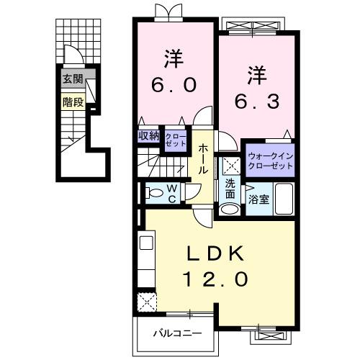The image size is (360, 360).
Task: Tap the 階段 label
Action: pyautogui.click(x=72, y=102)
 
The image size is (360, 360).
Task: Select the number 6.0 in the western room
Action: pyautogui.click(x=174, y=85)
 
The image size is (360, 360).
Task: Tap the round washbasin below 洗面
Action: pyautogui.click(x=229, y=209)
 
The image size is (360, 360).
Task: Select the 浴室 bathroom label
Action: pyautogui.click(x=259, y=199)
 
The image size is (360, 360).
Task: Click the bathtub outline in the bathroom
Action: pyautogui.click(x=283, y=198)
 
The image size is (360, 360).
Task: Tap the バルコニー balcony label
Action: pyautogui.click(x=176, y=333)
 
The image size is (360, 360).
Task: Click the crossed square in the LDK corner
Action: pyautogui.click(x=148, y=300)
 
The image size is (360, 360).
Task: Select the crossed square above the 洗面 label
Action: pyautogui.click(x=230, y=165)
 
